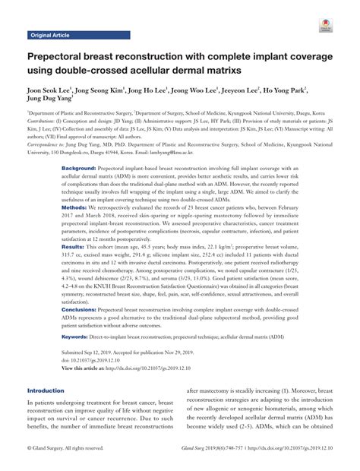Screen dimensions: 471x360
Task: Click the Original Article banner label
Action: pyautogui.click(x=49, y=36)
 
